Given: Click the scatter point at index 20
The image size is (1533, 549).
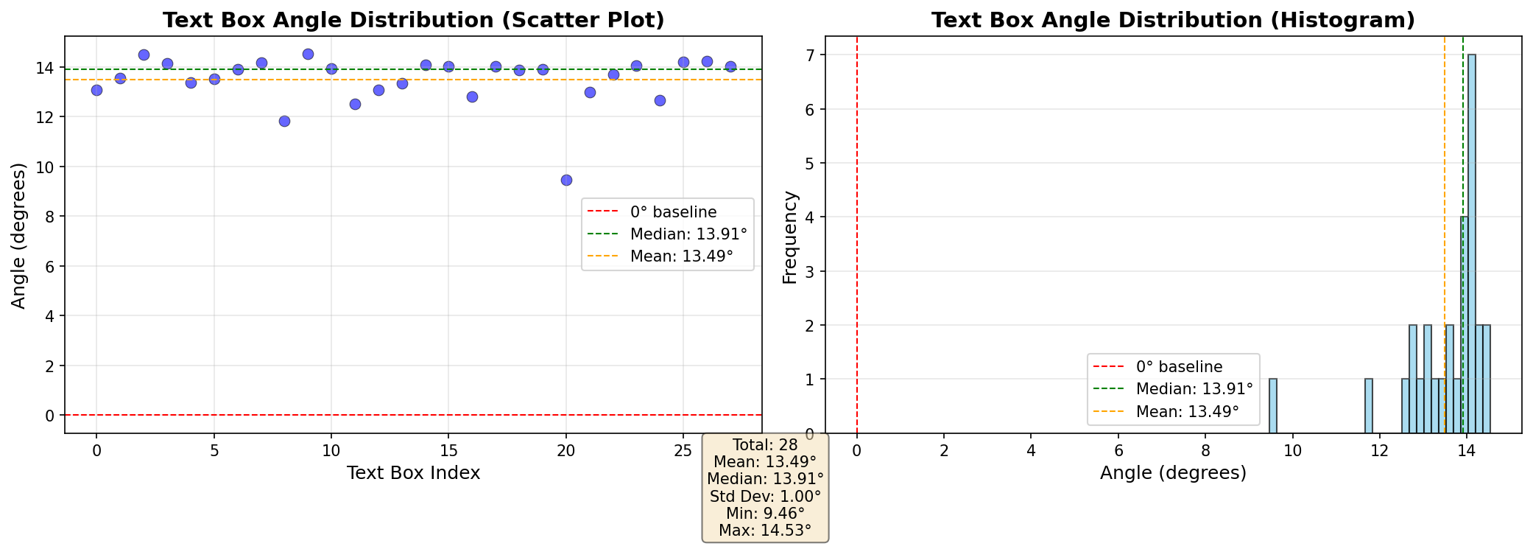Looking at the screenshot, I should (566, 180).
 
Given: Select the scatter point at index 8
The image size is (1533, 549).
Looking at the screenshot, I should (284, 121).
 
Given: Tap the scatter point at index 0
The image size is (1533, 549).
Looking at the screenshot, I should (96, 90).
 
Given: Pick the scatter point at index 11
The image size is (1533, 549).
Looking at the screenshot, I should (355, 104).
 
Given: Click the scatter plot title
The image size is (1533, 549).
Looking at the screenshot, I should (413, 20).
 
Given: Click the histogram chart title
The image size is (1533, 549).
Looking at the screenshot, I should (1173, 20).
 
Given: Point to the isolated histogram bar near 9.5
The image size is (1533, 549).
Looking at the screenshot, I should (1273, 406).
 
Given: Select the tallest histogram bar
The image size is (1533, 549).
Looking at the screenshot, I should (1472, 243).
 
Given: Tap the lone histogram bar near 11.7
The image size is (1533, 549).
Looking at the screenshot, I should (1369, 406).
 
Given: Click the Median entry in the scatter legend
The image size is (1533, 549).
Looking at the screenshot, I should (688, 234).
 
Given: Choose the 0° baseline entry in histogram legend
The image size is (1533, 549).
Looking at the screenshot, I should (1178, 367).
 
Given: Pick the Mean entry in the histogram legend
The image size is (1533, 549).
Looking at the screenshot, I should (1187, 411).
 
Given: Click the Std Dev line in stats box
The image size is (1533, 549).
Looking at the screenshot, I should (765, 496).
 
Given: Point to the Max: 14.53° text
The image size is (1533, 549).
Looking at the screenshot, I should (765, 531).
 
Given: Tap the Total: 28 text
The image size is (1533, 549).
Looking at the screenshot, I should (765, 444).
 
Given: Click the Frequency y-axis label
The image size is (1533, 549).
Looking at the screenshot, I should (790, 237).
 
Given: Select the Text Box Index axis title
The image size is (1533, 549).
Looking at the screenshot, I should (413, 473).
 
